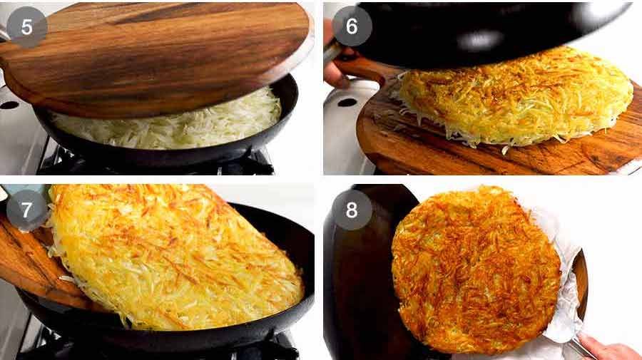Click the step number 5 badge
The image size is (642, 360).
[27, 26]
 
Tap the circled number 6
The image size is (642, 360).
[352, 26]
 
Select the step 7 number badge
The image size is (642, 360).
[27, 210]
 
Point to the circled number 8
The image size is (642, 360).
[352, 210]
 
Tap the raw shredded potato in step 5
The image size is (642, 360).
[171, 125]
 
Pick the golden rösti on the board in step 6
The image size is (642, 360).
[514, 96]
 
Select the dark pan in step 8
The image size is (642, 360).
[357, 285]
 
